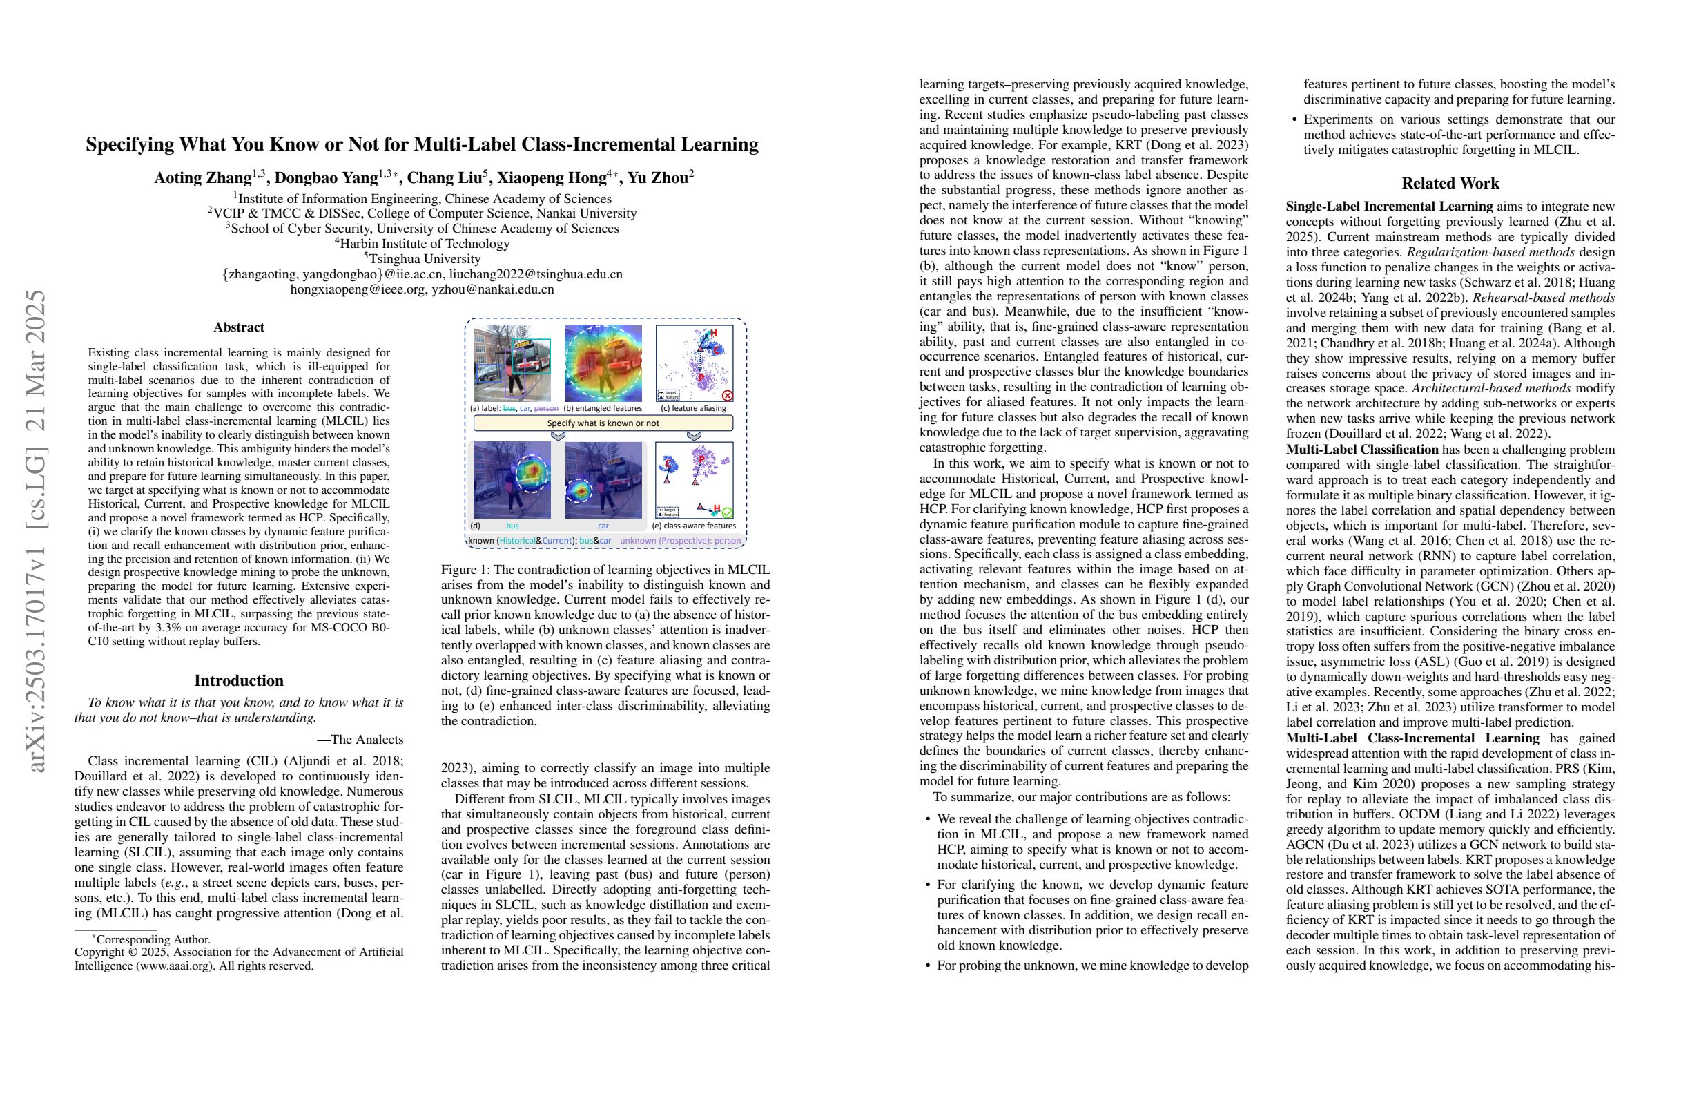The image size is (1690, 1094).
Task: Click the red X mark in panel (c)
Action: [727, 395]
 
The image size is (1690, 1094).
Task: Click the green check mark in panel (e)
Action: [727, 512]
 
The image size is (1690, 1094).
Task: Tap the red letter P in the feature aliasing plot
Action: [701, 376]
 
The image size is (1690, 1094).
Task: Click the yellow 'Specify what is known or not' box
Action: [603, 423]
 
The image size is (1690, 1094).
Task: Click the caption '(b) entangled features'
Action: [603, 408]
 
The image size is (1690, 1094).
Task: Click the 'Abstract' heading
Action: [239, 327]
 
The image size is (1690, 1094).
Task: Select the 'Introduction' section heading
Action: [239, 680]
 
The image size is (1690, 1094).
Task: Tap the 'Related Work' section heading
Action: [1450, 183]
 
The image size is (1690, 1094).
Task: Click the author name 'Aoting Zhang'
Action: [202, 178]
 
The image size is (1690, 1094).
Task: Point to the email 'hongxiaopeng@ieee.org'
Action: [358, 289]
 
